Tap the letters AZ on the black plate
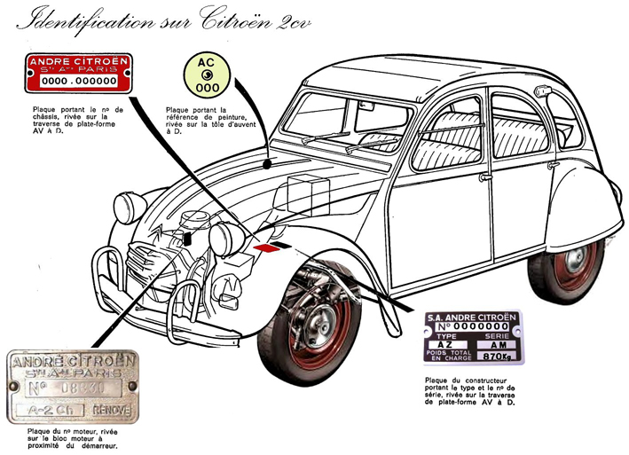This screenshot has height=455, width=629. click(x=444, y=345)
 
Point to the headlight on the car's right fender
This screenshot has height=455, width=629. click(x=131, y=206)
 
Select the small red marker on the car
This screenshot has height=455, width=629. click(x=263, y=249)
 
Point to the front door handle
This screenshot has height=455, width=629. click(x=485, y=177)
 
